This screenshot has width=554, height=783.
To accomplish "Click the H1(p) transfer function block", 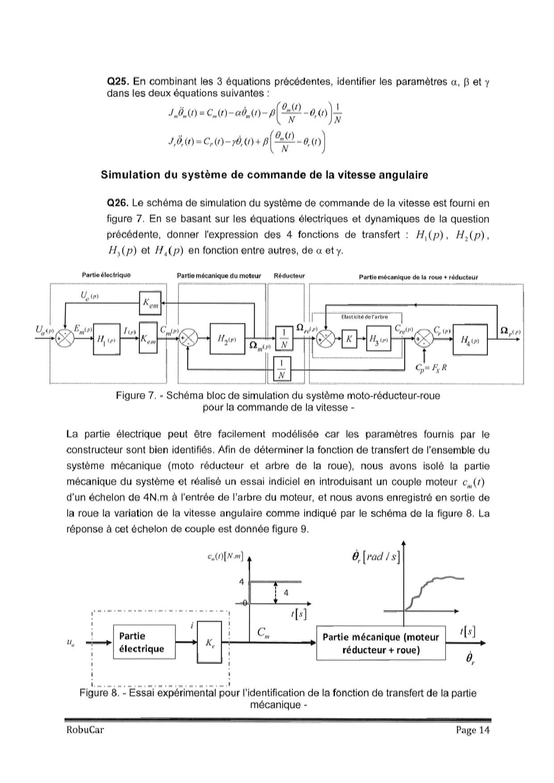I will [x=106, y=339].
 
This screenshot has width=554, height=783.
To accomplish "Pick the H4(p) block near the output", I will [x=470, y=340].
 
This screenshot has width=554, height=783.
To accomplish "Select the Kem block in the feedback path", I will [x=150, y=303].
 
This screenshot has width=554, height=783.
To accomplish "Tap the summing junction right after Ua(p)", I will [x=66, y=339].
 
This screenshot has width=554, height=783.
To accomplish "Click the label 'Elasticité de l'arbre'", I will [x=365, y=317].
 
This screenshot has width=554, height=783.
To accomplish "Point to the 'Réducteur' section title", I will [x=289, y=276].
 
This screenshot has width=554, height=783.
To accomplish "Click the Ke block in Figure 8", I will [x=210, y=643].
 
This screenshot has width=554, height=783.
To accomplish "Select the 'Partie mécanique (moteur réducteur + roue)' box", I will [x=381, y=643].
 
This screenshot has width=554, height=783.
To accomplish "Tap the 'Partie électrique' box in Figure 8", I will [x=144, y=642].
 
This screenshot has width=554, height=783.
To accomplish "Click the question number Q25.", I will [x=118, y=82].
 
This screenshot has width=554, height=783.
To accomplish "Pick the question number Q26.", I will [x=118, y=204].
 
